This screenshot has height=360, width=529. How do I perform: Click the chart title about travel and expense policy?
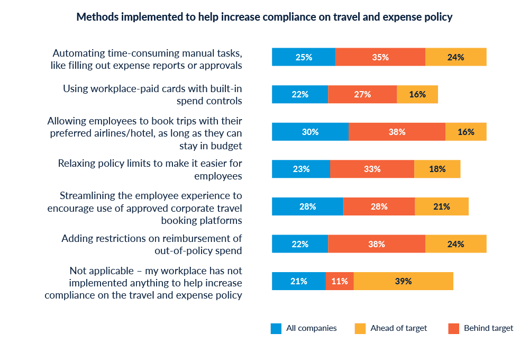(x=264, y=17)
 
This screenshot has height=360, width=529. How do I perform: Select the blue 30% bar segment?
(x=310, y=132)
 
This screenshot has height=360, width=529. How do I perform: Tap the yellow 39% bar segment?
(x=403, y=281)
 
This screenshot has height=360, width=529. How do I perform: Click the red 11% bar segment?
(x=340, y=281)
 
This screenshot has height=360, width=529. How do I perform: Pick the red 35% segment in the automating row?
(x=380, y=57)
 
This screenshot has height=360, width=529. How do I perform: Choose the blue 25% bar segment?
(x=304, y=57)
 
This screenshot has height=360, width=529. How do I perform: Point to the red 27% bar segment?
(x=362, y=94)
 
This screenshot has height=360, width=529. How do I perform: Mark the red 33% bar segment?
(x=372, y=169)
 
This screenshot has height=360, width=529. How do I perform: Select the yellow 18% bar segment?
(x=437, y=169)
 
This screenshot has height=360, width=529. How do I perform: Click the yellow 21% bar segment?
(x=442, y=206)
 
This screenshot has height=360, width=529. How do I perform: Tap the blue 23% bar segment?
(x=301, y=169)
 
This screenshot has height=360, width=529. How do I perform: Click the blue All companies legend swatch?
(x=276, y=328)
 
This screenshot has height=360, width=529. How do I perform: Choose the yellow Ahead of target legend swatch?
(x=360, y=328)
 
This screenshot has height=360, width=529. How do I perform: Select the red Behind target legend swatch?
(x=453, y=328)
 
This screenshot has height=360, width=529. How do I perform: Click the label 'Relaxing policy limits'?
(x=150, y=169)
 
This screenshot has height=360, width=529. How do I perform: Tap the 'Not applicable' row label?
(x=143, y=283)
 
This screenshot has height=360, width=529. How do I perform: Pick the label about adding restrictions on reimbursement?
(x=151, y=244)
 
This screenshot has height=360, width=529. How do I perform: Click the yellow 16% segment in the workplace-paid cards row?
(x=417, y=94)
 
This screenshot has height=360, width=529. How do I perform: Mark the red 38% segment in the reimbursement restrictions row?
(x=376, y=244)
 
